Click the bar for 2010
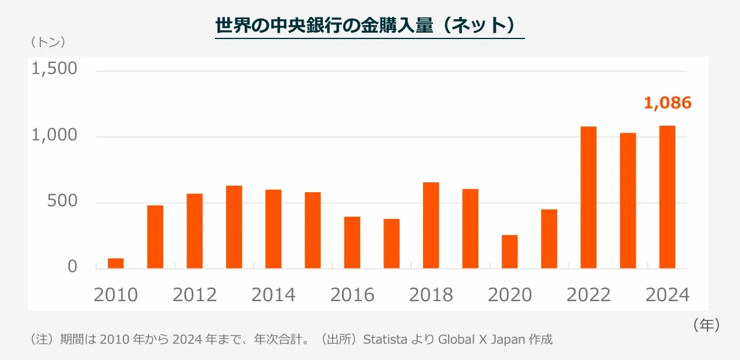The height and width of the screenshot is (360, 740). click(x=115, y=263)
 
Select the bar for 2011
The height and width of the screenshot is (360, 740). click(x=155, y=237)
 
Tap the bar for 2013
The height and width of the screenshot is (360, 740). click(x=234, y=227)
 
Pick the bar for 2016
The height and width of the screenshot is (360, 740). click(x=352, y=242)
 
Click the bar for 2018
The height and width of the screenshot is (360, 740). click(x=431, y=225)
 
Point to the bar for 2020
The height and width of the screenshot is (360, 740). click(x=509, y=252)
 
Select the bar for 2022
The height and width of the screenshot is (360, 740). click(x=589, y=197)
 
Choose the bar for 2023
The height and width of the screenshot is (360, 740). click(x=628, y=200)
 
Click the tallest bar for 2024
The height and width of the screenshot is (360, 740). click(x=667, y=197)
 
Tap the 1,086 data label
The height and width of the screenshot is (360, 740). click(x=667, y=103)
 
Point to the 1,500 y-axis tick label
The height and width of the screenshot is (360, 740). click(x=54, y=69)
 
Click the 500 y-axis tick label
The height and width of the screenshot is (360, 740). click(x=61, y=202)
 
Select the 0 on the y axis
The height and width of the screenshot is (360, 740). click(x=72, y=267)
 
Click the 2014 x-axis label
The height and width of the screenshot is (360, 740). click(x=273, y=295)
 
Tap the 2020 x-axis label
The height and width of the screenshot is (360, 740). click(x=510, y=295)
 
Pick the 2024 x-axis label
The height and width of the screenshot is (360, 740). click(x=667, y=295)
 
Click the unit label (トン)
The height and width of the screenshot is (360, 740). click(x=47, y=42)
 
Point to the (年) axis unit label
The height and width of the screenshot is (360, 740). click(x=706, y=325)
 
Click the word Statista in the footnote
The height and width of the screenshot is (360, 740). click(x=385, y=340)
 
